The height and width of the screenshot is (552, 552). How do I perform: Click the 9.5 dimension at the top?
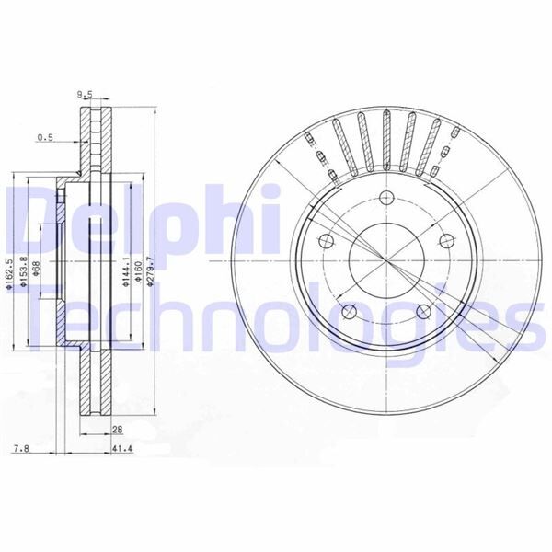point(86,94)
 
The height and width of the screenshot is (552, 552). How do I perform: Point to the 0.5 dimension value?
point(45,138)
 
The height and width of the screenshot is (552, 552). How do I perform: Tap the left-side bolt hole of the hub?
point(324,241)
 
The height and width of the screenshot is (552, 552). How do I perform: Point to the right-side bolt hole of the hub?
point(447,240)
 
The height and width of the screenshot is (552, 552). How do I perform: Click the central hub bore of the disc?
point(385,261)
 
